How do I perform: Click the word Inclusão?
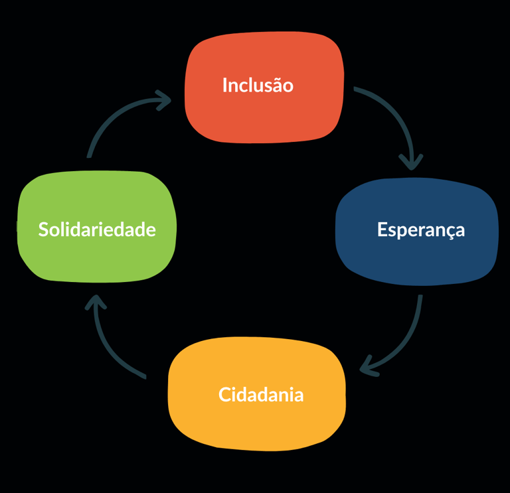258,86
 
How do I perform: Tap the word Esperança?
421,230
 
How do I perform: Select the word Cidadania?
261,395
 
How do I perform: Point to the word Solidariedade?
97,230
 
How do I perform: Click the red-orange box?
264,116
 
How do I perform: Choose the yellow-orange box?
258,425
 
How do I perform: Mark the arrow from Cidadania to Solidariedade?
110,345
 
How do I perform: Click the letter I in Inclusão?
224,86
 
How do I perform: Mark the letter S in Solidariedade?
43,230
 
